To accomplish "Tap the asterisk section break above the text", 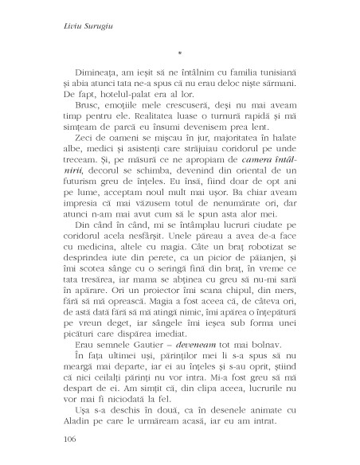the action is [180, 54].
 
